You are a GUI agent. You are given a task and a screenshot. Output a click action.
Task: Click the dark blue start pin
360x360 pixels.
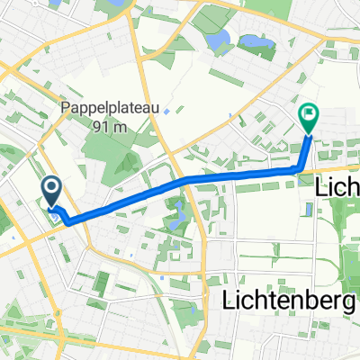[51, 188]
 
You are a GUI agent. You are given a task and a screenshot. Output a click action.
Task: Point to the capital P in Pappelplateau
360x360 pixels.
[65, 107]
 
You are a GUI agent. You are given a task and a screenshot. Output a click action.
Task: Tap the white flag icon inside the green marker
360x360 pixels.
[308, 114]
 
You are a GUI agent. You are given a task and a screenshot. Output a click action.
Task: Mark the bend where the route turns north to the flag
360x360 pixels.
[298, 168]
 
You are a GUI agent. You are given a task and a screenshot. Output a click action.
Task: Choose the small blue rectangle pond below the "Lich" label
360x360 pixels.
[310, 210]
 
